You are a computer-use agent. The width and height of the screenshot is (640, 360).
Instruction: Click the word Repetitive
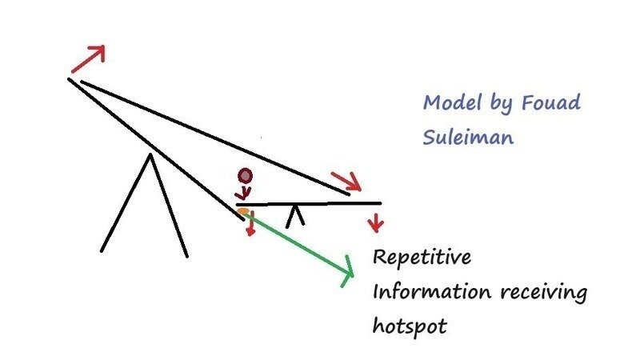pos(423,261)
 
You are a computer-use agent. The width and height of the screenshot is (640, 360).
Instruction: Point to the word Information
pos(432,293)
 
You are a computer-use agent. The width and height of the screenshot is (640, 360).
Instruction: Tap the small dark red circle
pos(246,176)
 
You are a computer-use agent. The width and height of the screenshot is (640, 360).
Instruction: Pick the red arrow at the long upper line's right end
pos(350,182)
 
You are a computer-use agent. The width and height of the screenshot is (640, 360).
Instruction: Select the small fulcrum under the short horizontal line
pos(295,215)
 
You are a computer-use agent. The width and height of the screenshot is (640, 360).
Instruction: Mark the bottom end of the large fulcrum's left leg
pos(102,250)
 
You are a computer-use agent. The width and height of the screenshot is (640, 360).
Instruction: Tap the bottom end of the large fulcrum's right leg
pos(186,256)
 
